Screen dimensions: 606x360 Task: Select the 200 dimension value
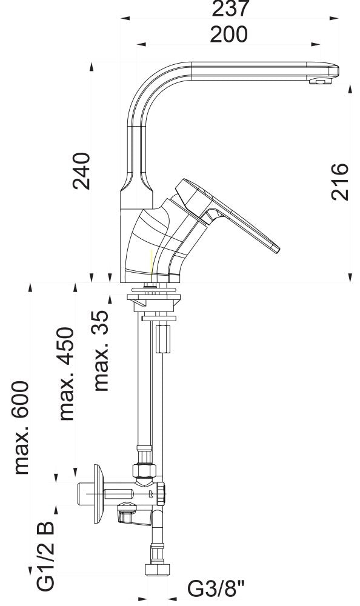pos(228,35)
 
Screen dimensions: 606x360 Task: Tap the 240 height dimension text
pos(81,171)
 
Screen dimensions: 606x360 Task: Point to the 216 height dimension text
pos(341,181)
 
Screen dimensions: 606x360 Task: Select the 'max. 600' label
pos(22,427)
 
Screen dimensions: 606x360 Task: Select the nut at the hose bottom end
pos(155,570)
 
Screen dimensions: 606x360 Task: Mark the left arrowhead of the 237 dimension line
pos(125,19)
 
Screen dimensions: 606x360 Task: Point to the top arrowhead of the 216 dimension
pos(350,88)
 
